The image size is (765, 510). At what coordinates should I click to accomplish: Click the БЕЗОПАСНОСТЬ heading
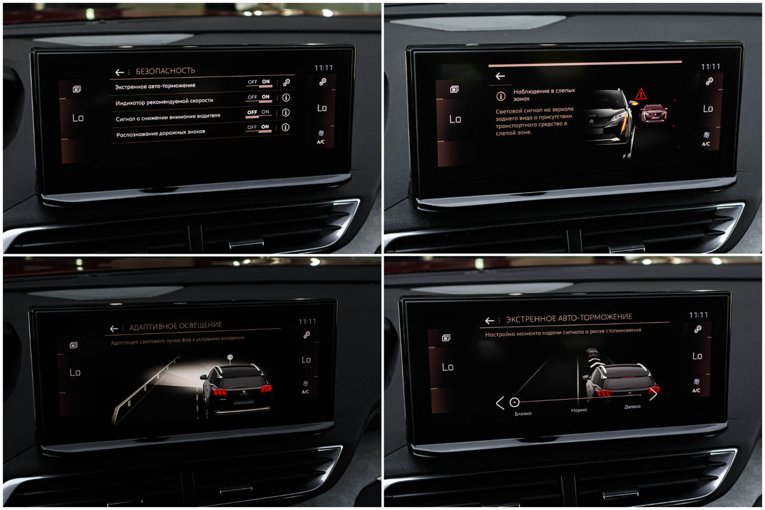166,70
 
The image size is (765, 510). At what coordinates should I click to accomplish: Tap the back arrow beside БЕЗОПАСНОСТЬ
119,72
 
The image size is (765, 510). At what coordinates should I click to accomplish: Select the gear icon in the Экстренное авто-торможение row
286,82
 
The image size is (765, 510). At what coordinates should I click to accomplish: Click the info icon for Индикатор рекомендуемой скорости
286,97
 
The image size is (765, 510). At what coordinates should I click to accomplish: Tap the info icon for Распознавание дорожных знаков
286,127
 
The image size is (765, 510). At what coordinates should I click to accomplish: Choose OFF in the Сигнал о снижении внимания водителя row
252,112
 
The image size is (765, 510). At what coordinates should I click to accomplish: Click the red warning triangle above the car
641,94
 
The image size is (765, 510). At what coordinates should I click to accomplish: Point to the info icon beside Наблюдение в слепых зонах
501,96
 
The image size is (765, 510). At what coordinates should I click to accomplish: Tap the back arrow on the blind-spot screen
500,76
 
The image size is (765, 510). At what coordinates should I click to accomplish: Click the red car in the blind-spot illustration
653,113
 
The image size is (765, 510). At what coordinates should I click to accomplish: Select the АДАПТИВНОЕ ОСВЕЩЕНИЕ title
175,326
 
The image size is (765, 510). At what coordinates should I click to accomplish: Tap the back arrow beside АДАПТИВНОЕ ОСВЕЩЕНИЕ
114,328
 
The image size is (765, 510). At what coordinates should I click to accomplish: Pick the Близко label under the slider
523,413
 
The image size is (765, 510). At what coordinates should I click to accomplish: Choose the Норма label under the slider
579,410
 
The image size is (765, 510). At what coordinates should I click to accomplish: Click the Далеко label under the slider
632,407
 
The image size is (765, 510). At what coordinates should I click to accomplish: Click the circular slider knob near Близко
515,403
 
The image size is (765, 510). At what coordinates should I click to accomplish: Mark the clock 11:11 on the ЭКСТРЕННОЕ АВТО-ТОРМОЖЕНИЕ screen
699,315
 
